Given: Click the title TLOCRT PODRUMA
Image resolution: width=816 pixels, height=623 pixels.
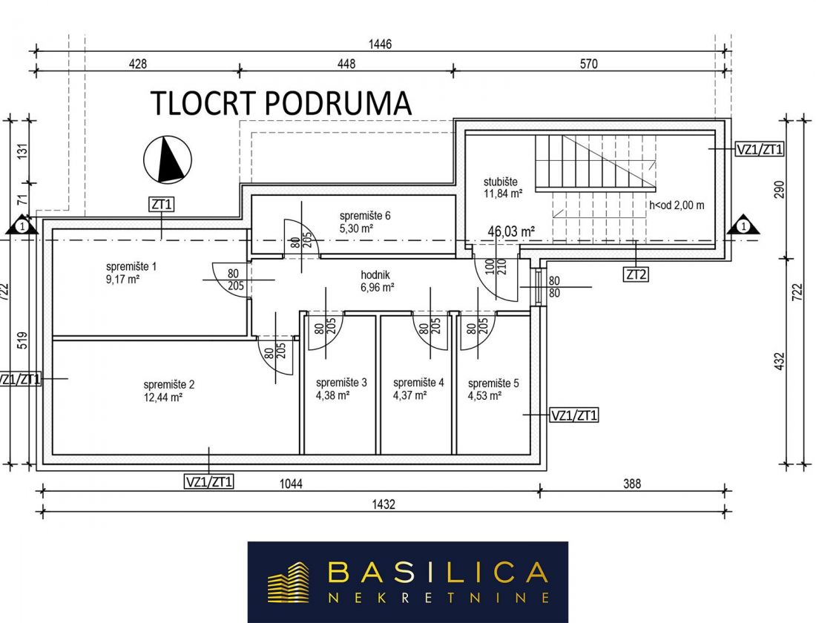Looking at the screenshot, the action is tap(281, 102).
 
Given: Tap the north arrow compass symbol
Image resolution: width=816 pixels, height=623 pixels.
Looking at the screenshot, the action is tap(168, 159).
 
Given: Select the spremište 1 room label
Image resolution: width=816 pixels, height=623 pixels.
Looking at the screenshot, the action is tap(131, 266).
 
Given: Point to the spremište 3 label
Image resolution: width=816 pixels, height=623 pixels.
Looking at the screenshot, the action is tap(341, 383).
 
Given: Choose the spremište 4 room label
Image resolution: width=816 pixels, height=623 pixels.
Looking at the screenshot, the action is tap(418, 383).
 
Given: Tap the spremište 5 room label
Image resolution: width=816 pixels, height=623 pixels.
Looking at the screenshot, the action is tap(493, 383).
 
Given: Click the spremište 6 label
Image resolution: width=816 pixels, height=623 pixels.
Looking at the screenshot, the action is tap(365, 216).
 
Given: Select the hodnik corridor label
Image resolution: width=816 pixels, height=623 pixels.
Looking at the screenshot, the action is tap(375, 275).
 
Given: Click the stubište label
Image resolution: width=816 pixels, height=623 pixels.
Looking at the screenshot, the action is tap(501, 182).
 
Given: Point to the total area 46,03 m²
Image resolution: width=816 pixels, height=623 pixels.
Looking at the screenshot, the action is tap(511, 231).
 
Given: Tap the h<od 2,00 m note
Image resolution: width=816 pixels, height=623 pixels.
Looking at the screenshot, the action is tap(677, 205).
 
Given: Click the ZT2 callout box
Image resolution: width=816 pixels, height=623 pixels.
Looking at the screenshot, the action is tap(636, 274).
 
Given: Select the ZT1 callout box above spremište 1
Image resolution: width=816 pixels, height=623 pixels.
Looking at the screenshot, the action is tap(161, 205).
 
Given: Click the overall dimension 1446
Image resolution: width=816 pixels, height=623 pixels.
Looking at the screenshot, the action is tap(380, 44).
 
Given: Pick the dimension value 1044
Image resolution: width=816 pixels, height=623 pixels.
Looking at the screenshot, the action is tap(291, 484).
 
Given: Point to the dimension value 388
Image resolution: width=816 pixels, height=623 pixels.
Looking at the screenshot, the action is tap(632, 484).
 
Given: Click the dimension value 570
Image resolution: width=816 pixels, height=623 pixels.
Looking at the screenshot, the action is tap(588, 64).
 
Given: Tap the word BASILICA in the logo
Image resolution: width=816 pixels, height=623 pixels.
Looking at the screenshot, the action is tap(438, 573).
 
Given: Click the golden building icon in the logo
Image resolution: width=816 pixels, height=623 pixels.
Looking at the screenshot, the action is tap(288, 582).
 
